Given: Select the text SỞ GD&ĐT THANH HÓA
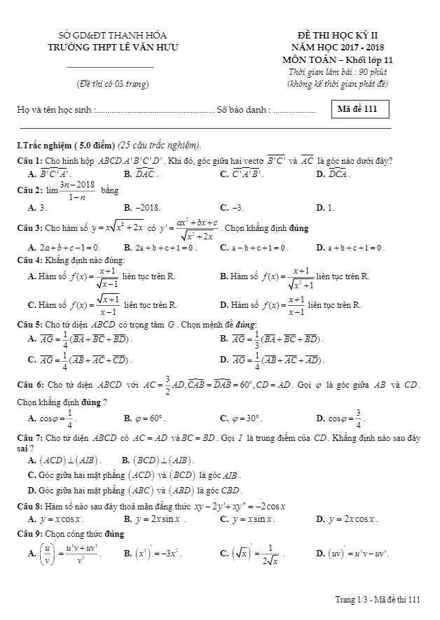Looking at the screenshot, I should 111,36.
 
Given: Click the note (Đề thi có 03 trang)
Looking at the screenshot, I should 113,85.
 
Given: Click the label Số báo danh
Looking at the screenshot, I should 242,110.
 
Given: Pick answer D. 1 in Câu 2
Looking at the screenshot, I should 325,208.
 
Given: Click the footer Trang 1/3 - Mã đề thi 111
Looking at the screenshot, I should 378,599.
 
